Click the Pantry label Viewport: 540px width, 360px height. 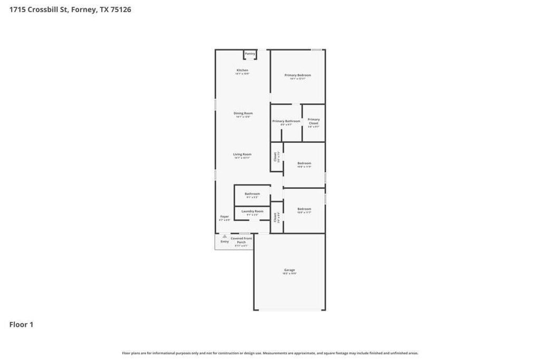point(250,53)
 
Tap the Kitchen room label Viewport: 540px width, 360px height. point(242,70)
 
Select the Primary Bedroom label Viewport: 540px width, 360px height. point(297,75)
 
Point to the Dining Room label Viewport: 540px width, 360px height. point(243,113)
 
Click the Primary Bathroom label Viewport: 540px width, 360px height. point(286,121)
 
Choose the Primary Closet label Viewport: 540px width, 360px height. point(314,121)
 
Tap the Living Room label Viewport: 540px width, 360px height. point(242,154)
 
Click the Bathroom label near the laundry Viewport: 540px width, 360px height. point(252,194)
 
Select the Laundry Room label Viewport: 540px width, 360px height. point(252,211)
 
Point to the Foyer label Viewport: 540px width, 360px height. point(225,217)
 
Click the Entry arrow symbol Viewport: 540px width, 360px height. point(225,236)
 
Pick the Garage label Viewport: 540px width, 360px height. point(290,270)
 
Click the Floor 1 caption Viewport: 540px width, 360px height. point(21,325)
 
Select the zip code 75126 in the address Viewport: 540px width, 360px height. point(121,9)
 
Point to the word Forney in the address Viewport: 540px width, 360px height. point(84,9)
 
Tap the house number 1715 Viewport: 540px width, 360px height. point(17,9)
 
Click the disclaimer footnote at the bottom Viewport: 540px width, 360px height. point(270,353)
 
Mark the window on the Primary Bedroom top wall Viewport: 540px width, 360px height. point(316,50)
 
